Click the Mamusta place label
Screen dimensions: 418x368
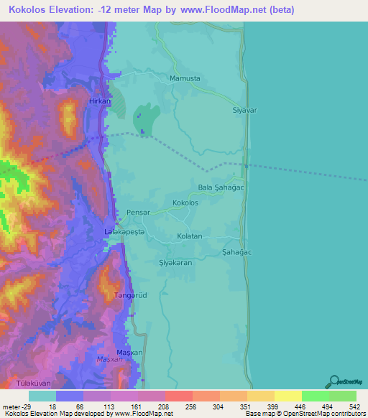(184, 78)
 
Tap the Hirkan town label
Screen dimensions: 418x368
(99, 102)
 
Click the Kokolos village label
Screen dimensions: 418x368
(185, 203)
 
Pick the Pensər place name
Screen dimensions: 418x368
(137, 213)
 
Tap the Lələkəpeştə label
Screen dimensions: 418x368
(124, 232)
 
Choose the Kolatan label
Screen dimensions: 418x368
(190, 236)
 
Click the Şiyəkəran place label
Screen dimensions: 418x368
(175, 263)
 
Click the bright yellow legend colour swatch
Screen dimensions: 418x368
(287, 396)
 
